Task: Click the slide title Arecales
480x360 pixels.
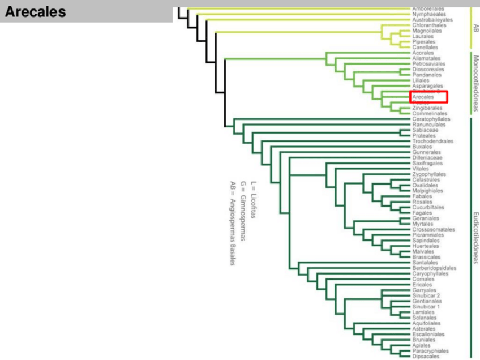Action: point(35,12)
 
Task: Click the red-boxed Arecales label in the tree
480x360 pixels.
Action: point(423,97)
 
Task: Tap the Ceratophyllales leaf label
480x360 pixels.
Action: point(431,119)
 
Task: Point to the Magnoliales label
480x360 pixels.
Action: point(427,31)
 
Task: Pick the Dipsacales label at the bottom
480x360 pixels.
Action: point(426,356)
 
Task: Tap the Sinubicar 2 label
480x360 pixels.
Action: point(426,295)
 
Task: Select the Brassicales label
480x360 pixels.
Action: point(427,257)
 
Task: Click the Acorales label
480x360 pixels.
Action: point(423,53)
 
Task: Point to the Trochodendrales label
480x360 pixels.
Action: point(433,141)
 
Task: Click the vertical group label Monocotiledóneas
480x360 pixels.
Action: point(475,83)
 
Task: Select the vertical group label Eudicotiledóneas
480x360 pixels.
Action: point(475,238)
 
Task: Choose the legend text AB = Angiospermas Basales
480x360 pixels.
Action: point(232,223)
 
